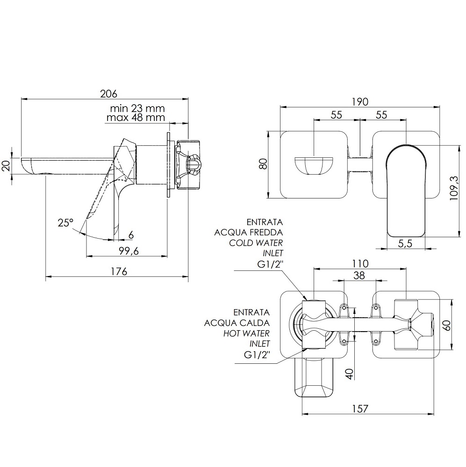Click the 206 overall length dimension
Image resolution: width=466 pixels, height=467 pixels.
point(108,93)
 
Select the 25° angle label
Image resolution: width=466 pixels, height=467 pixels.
point(65,222)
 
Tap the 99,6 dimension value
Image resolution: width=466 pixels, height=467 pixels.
point(129,251)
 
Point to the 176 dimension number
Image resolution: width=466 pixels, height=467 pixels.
point(119,271)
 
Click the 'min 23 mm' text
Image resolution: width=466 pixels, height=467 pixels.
point(137,108)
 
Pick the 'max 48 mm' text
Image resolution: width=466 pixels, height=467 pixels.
point(136,117)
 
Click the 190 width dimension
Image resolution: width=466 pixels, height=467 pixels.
point(360,102)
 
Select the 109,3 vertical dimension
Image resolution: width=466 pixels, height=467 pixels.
point(454,188)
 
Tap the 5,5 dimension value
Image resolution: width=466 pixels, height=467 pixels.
point(405,243)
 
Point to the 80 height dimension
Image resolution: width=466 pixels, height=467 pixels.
point(263,164)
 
